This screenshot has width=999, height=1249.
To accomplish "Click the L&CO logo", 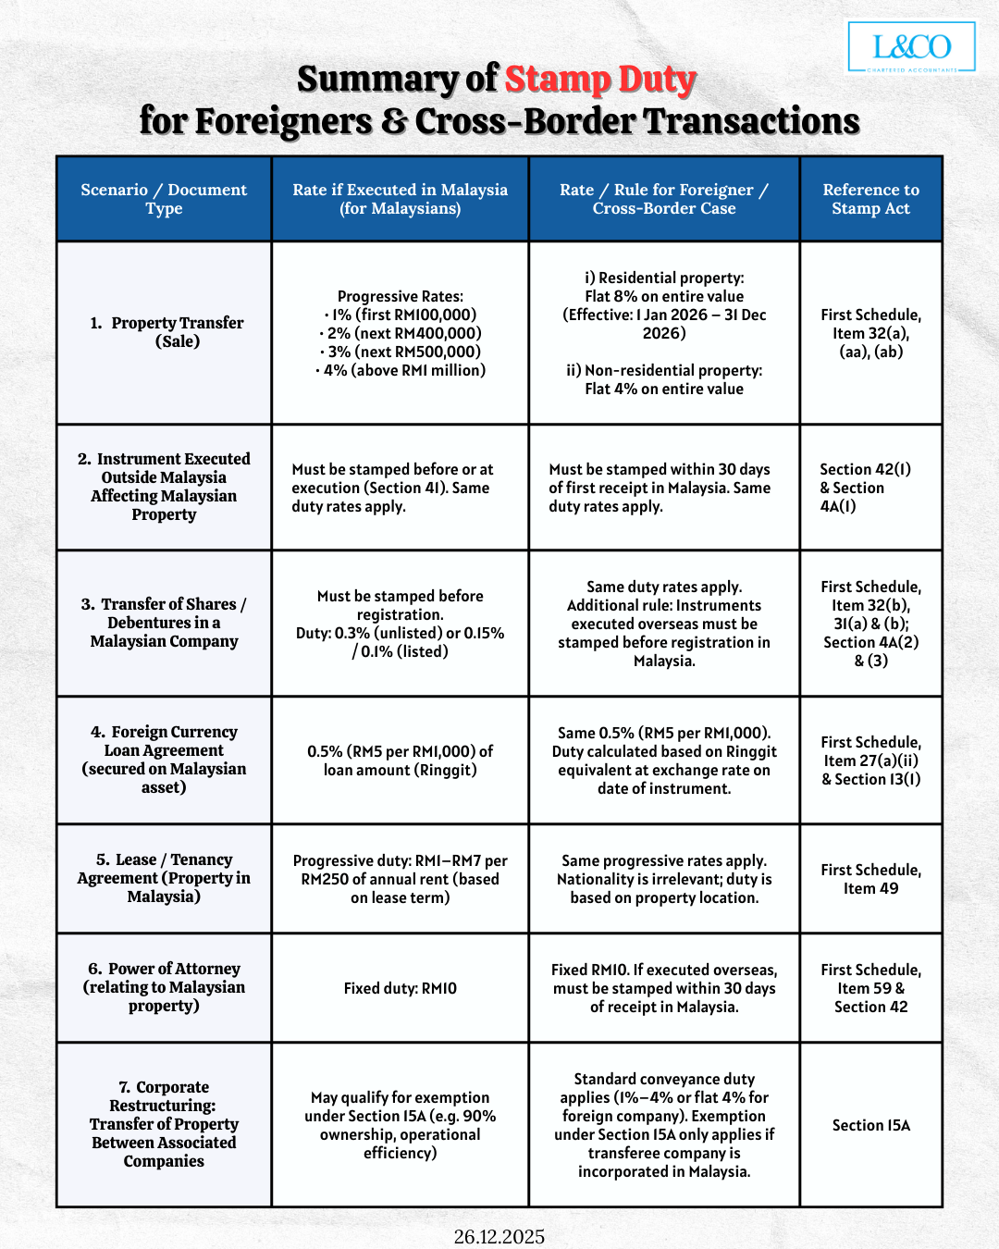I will [x=911, y=47].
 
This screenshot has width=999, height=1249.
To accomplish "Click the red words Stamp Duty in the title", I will [x=599, y=80].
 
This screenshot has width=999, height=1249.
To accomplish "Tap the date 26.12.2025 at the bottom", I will [x=499, y=1236].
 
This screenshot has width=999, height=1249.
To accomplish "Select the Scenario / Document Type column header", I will [x=164, y=199].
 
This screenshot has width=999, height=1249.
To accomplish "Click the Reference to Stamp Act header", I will [x=870, y=199].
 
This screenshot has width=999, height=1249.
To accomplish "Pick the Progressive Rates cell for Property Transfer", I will [x=400, y=333].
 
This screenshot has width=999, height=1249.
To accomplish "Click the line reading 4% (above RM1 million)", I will [x=401, y=370].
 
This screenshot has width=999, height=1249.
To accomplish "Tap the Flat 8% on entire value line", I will [x=664, y=296].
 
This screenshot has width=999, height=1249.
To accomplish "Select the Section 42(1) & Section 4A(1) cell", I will [x=865, y=488].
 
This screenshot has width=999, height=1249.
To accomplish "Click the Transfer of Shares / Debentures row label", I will [x=164, y=623].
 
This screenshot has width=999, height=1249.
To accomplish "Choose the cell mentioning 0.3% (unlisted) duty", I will [x=400, y=624].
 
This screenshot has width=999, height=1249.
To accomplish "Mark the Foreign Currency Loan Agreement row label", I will [x=164, y=760].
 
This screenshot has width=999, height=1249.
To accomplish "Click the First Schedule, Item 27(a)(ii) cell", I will [x=870, y=761].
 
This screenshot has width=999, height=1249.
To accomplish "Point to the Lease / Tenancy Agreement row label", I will [x=164, y=878].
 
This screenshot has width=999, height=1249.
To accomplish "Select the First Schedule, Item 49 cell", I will [x=870, y=879].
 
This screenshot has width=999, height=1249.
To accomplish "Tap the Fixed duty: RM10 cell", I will [x=400, y=988].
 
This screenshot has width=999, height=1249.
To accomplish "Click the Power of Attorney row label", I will [x=164, y=987].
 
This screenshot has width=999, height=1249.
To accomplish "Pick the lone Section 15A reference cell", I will [x=870, y=1125].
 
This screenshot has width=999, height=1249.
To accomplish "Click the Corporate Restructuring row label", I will [x=164, y=1124].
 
